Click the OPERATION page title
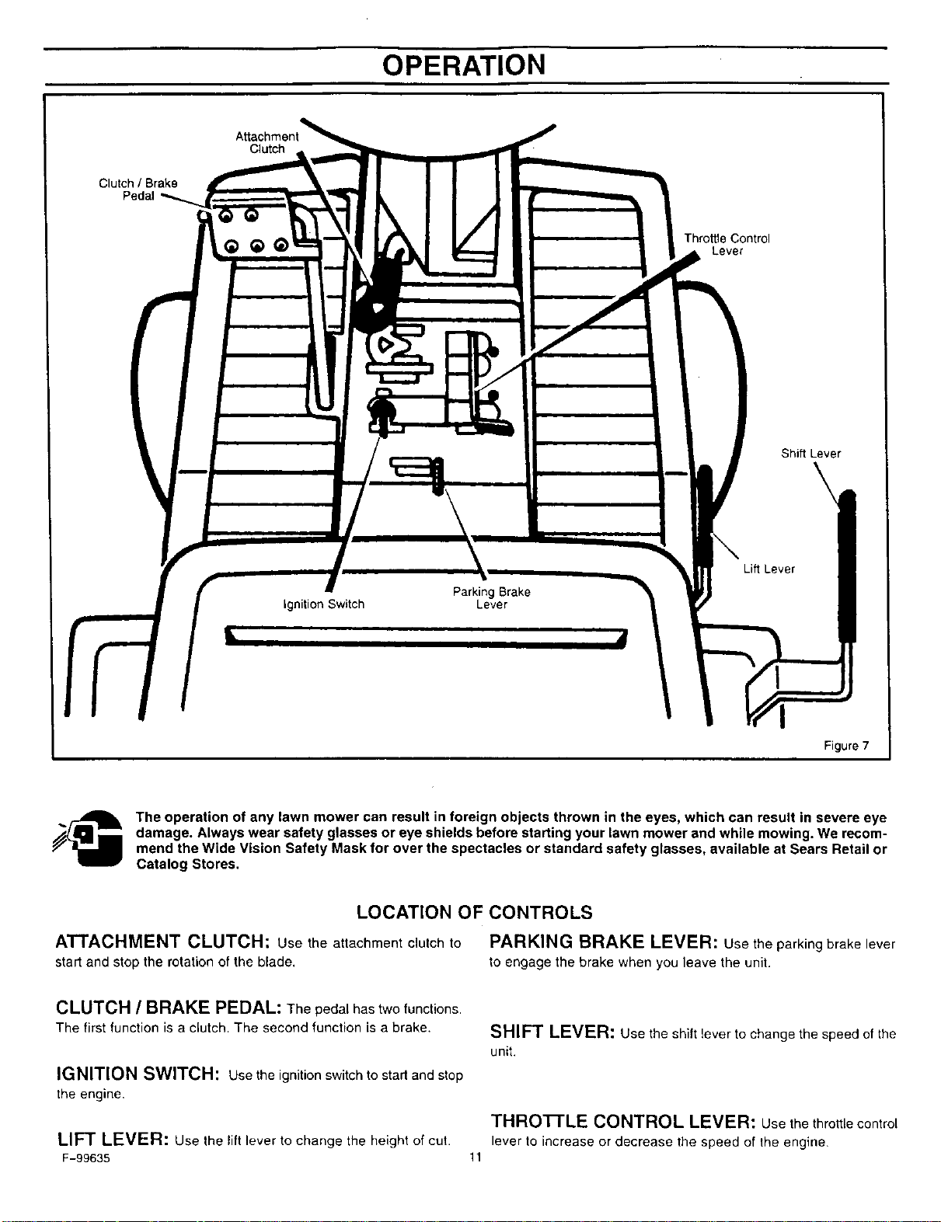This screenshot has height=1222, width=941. (x=464, y=65)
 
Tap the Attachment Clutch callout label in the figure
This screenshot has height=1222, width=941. (x=267, y=143)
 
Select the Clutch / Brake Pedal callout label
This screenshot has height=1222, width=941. (x=138, y=190)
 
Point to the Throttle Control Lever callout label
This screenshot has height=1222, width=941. (x=727, y=245)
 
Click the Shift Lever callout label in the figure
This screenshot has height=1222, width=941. (x=810, y=453)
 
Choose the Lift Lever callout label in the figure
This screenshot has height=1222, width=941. (x=769, y=569)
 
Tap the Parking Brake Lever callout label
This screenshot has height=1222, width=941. (x=492, y=598)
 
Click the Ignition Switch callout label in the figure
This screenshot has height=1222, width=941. (x=323, y=604)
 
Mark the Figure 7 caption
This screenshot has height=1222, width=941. (x=846, y=746)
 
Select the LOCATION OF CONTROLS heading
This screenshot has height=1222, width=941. (x=475, y=912)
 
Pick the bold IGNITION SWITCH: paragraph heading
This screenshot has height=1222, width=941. (x=138, y=1074)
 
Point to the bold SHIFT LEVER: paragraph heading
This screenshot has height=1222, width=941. (x=552, y=1032)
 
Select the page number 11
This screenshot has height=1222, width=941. (x=476, y=1158)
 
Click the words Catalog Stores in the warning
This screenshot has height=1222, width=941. (x=188, y=864)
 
